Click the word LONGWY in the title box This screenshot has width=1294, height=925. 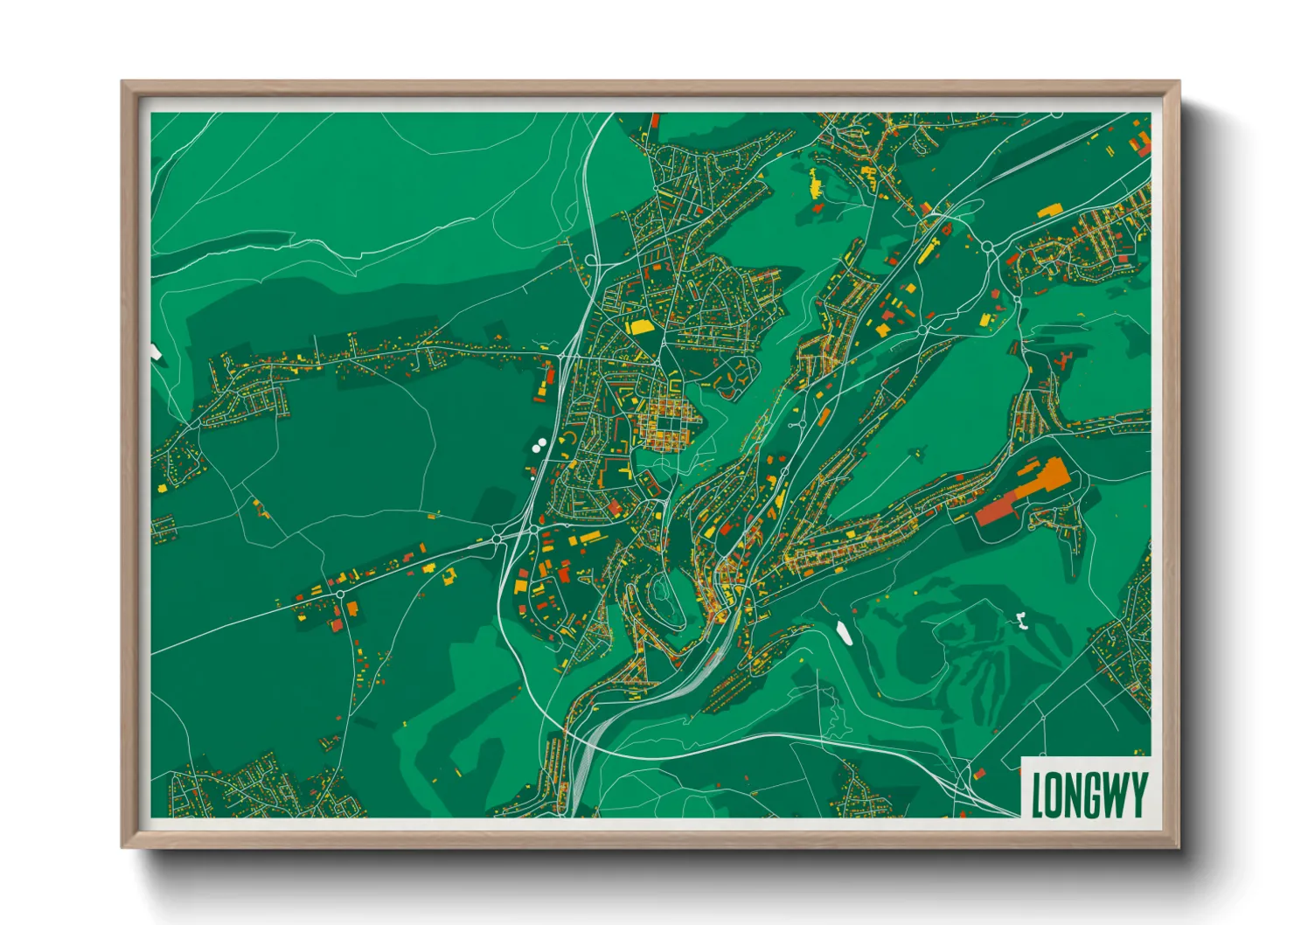pyautogui.click(x=1089, y=795)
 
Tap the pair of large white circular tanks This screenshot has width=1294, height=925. pyautogui.click(x=539, y=445)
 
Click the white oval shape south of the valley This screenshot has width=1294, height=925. pyautogui.click(x=844, y=631)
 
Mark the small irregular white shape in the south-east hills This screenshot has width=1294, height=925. pyautogui.click(x=1020, y=621)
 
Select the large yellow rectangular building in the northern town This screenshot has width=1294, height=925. pyautogui.click(x=640, y=327)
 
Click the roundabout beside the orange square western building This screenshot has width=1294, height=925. pyautogui.click(x=339, y=594)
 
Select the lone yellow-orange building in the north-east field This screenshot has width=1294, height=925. pyautogui.click(x=1048, y=210)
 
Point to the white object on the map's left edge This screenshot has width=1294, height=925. pyautogui.click(x=156, y=352)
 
